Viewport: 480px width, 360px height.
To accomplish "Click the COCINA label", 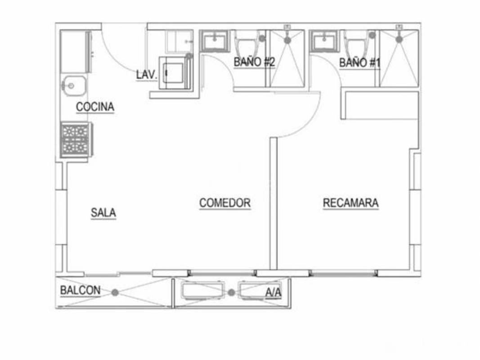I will (95, 107).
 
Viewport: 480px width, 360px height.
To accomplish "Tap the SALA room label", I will (103, 212).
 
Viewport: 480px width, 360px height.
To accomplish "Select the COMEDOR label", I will (225, 203).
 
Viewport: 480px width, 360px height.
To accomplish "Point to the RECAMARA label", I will (351, 203).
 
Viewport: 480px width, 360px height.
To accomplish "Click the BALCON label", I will (81, 291).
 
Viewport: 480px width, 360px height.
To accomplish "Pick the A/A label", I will (273, 293).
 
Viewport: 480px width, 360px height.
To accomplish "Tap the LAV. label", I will (147, 75).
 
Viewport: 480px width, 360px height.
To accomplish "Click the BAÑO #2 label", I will (254, 62).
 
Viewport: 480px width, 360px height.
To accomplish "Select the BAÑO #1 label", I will (360, 63).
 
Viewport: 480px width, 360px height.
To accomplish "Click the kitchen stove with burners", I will (76, 139).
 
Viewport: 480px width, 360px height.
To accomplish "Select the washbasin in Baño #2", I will (215, 42).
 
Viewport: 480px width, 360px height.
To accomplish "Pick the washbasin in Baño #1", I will (325, 42).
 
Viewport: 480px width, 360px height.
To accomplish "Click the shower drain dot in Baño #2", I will (287, 40).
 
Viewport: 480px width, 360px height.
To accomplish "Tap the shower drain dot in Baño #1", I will (399, 39).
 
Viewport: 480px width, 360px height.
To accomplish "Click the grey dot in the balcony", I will (115, 292).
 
